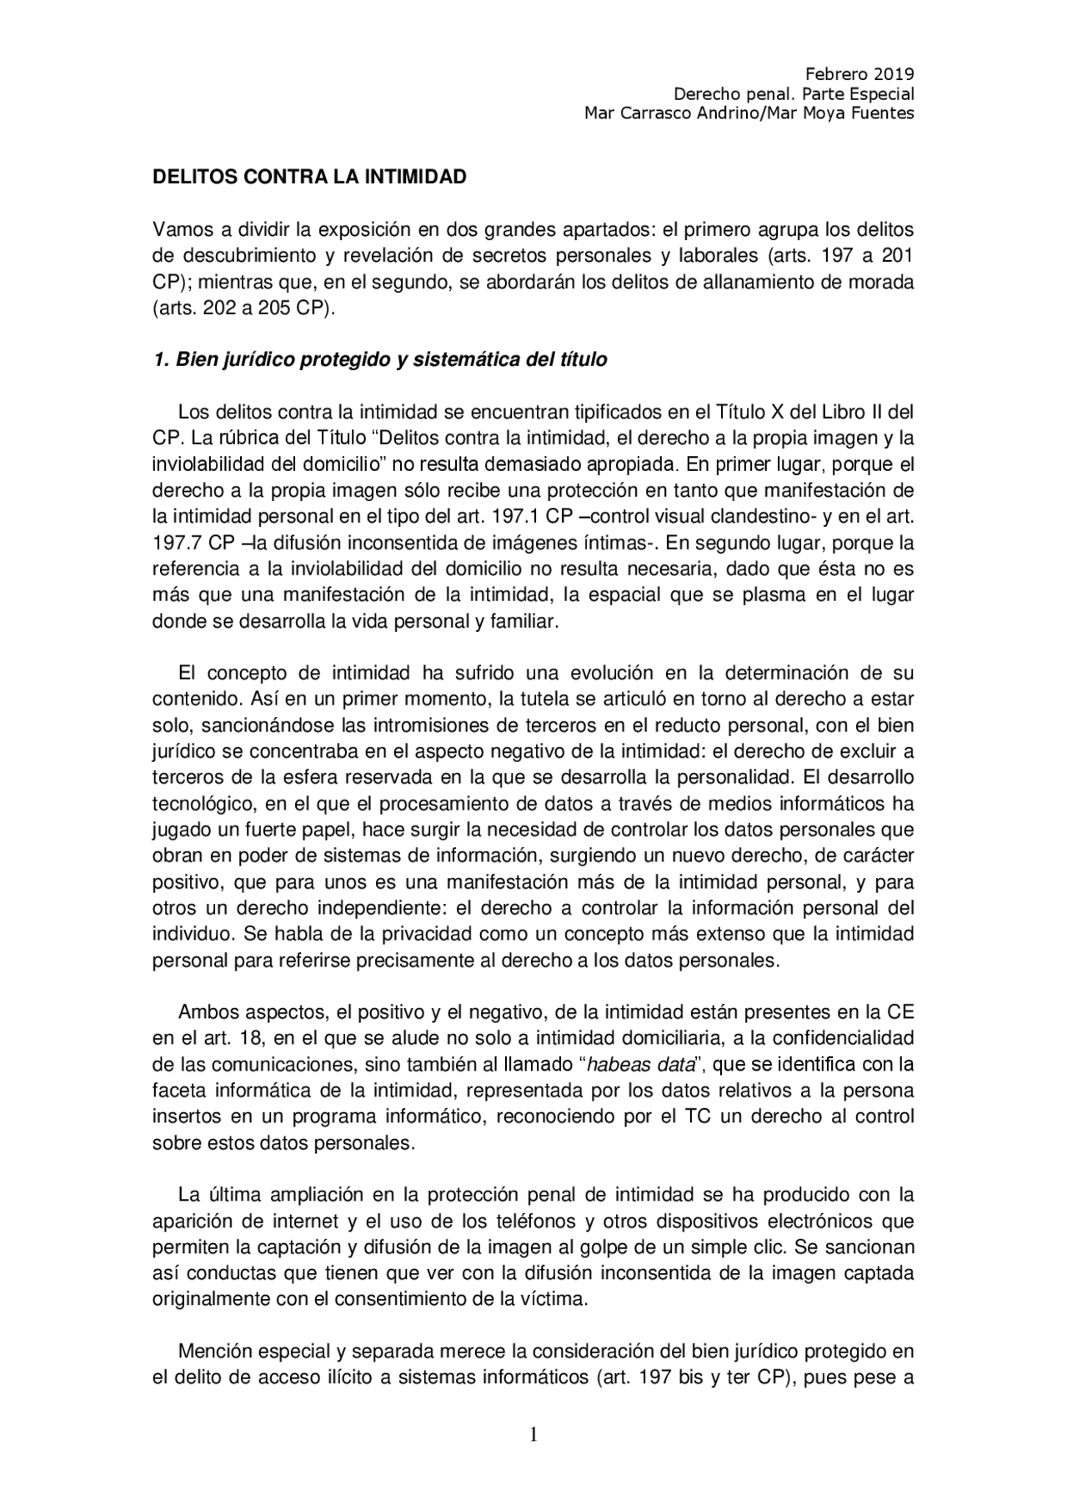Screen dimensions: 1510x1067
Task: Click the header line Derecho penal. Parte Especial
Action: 794,93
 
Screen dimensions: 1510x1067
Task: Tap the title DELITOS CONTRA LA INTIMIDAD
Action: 309,177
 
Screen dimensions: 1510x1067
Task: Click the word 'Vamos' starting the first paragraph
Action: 178,229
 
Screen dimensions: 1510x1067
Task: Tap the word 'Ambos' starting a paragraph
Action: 205,1012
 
